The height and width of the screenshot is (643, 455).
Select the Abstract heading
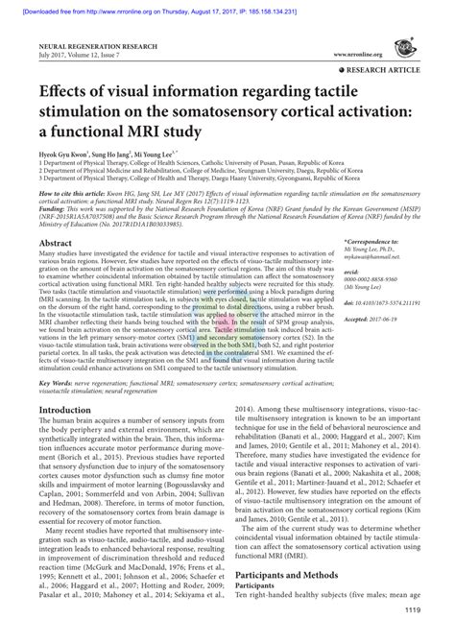(57, 245)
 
